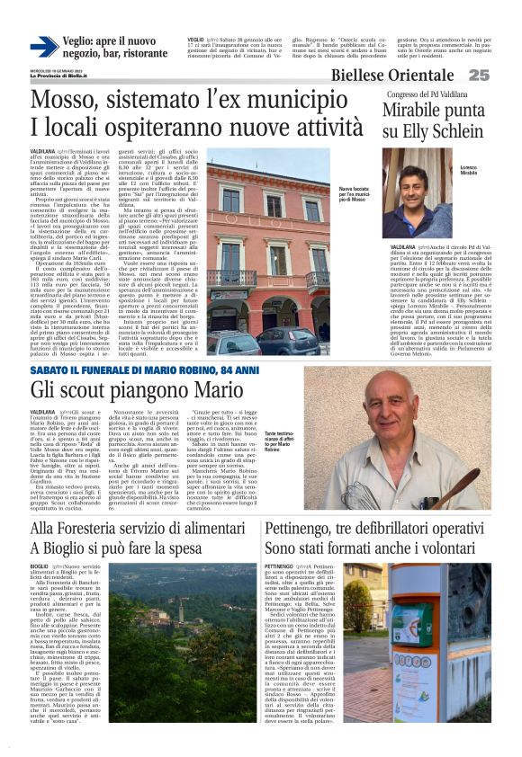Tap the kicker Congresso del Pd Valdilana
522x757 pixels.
(x=427, y=94)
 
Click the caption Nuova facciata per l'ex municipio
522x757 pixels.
(x=354, y=193)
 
